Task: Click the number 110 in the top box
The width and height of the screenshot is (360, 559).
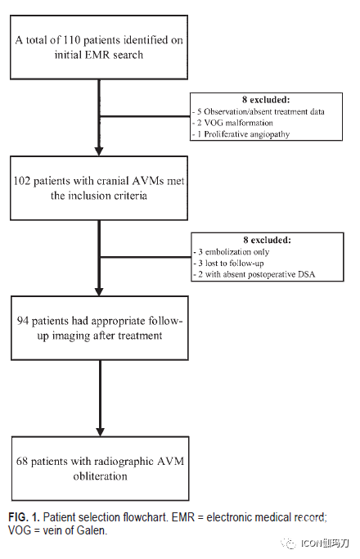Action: (72, 40)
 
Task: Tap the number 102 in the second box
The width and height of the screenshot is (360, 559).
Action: (22, 181)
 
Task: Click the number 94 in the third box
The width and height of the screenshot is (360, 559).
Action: (23, 321)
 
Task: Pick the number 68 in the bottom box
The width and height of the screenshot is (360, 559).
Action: (22, 462)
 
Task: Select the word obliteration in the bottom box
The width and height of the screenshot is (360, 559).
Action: (100, 476)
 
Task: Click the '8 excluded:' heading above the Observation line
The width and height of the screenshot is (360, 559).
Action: (266, 100)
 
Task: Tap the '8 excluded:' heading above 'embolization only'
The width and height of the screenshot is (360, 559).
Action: (268, 241)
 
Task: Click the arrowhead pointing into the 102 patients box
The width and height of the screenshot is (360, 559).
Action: (99, 151)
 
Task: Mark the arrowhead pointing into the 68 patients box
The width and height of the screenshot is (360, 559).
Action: (100, 431)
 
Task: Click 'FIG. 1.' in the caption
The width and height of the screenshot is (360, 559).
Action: (24, 517)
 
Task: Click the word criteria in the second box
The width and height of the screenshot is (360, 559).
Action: (129, 196)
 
